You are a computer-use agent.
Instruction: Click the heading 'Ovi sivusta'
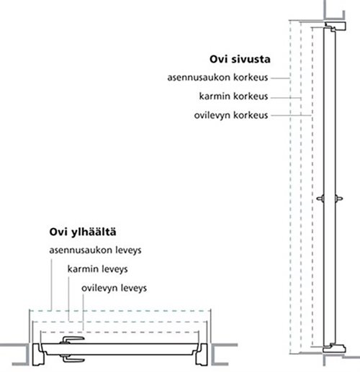tap(240, 59)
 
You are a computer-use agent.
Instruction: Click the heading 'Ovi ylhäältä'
tap(83, 232)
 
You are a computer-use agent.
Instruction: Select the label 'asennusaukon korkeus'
tap(217, 78)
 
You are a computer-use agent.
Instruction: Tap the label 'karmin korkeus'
tap(233, 96)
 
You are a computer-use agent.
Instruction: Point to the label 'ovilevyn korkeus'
tap(231, 115)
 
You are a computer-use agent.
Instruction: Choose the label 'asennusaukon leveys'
tap(95, 250)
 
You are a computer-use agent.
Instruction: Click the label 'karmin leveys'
tap(97, 269)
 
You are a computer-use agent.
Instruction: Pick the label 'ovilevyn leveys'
tap(114, 288)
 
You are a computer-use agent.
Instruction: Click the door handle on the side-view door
tap(330, 199)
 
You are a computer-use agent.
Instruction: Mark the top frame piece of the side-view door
tap(336, 26)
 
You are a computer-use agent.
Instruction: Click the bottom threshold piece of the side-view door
tap(334, 348)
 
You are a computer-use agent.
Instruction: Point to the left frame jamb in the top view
tap(38, 354)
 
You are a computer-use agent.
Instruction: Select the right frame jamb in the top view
tap(202, 354)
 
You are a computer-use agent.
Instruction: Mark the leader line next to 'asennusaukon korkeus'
tap(280, 78)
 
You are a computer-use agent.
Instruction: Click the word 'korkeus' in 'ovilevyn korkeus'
tap(251, 115)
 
